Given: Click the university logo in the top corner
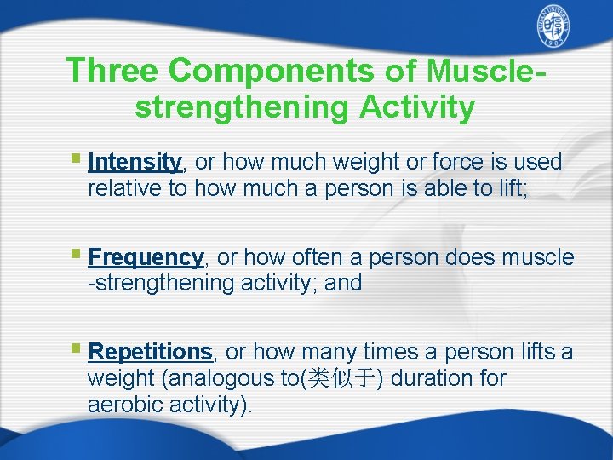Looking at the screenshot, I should click(x=554, y=29).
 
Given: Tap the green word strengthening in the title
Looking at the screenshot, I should click(x=243, y=107).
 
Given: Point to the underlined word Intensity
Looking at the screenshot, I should click(x=135, y=162).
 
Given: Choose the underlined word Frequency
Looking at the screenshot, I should click(x=146, y=257).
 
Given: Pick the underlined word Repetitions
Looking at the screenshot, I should click(x=150, y=351).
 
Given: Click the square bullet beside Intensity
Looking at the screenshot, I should click(x=76, y=159).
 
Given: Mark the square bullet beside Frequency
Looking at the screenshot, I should click(x=76, y=255).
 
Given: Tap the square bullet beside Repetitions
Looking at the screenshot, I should click(x=76, y=348).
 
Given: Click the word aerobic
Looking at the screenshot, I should click(x=121, y=405).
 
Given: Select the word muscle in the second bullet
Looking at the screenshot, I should click(x=539, y=257).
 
